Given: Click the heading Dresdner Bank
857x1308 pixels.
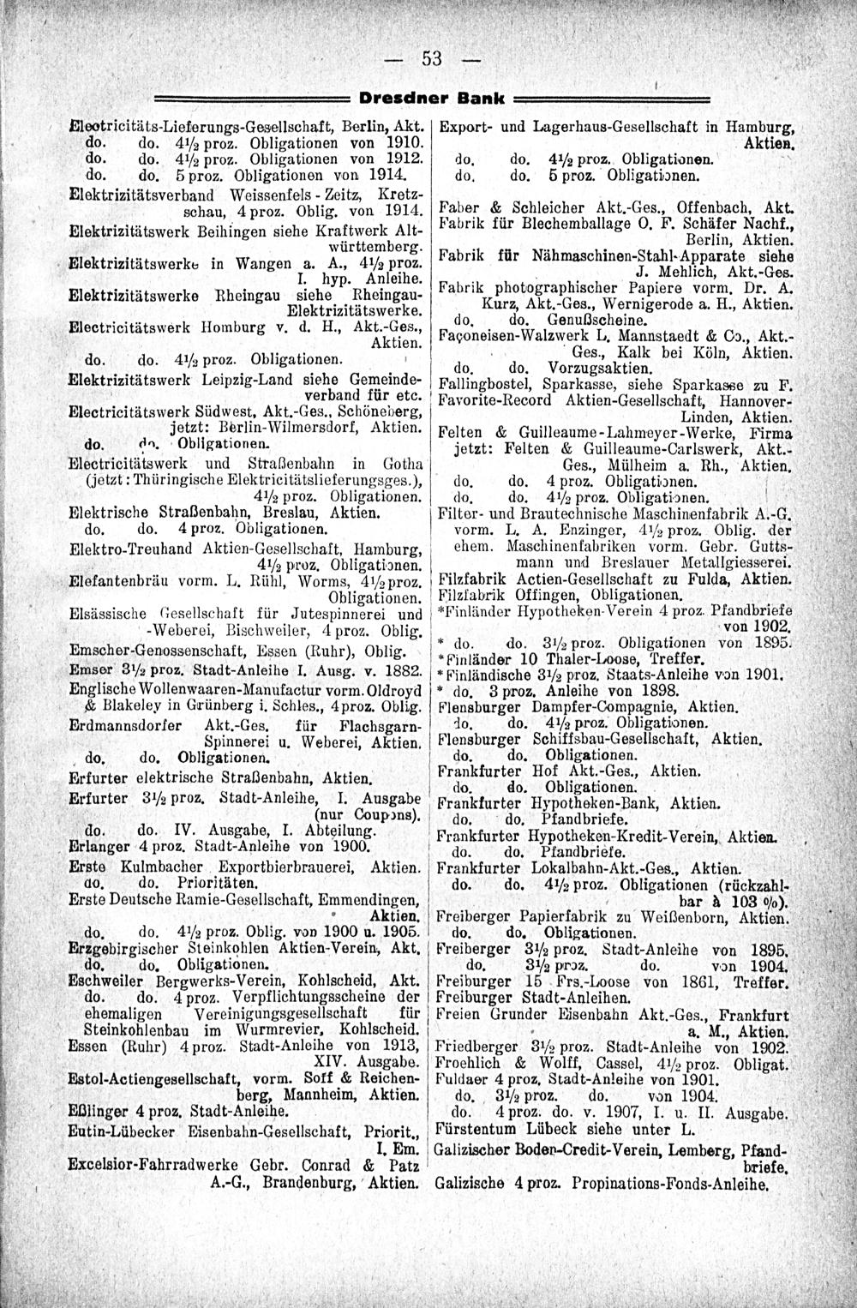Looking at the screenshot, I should (x=430, y=95).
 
